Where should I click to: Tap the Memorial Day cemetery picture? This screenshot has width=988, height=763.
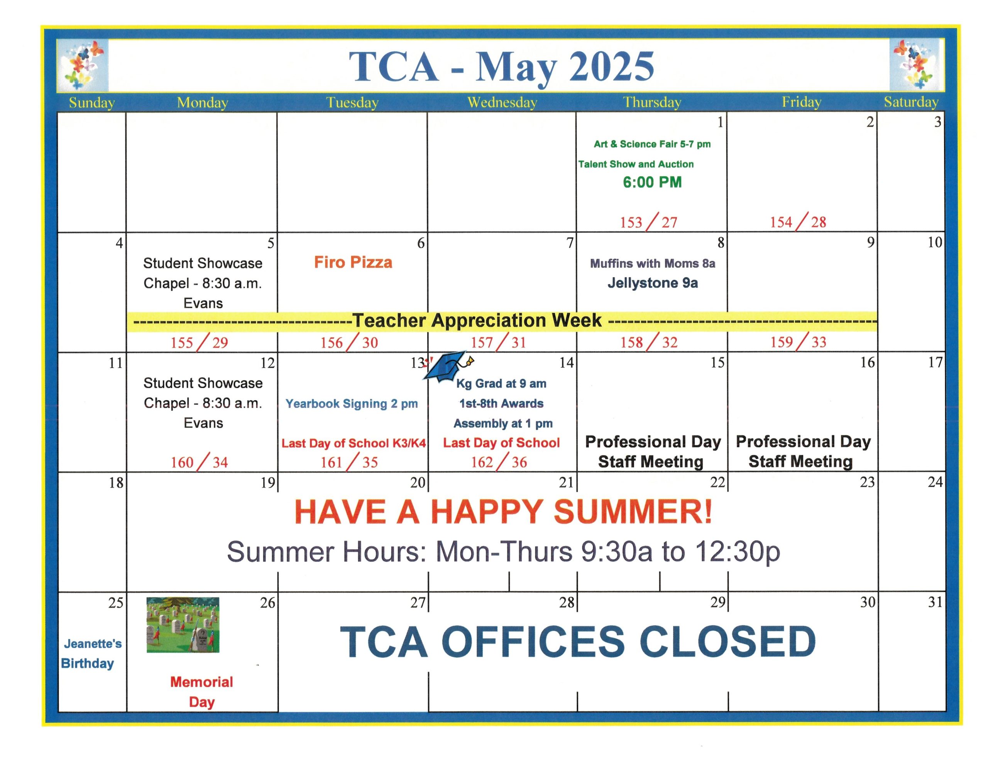(183, 625)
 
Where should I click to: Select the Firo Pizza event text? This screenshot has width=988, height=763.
(353, 262)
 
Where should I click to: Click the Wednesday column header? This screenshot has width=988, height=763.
(502, 103)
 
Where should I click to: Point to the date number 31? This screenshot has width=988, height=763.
(935, 602)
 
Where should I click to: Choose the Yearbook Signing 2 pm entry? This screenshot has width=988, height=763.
(352, 403)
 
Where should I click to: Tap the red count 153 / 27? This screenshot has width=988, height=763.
(648, 222)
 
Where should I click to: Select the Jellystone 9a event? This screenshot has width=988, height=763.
(652, 283)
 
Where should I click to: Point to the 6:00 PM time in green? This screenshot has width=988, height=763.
(652, 182)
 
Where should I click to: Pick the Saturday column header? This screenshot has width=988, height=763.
(911, 102)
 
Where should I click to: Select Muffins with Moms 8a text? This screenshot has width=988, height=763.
(652, 263)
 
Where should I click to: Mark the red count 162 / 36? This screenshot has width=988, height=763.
(499, 461)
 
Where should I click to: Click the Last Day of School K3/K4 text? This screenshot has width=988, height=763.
(353, 443)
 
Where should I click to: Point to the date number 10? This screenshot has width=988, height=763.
(935, 242)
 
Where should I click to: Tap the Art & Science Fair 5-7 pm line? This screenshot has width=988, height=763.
(652, 144)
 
